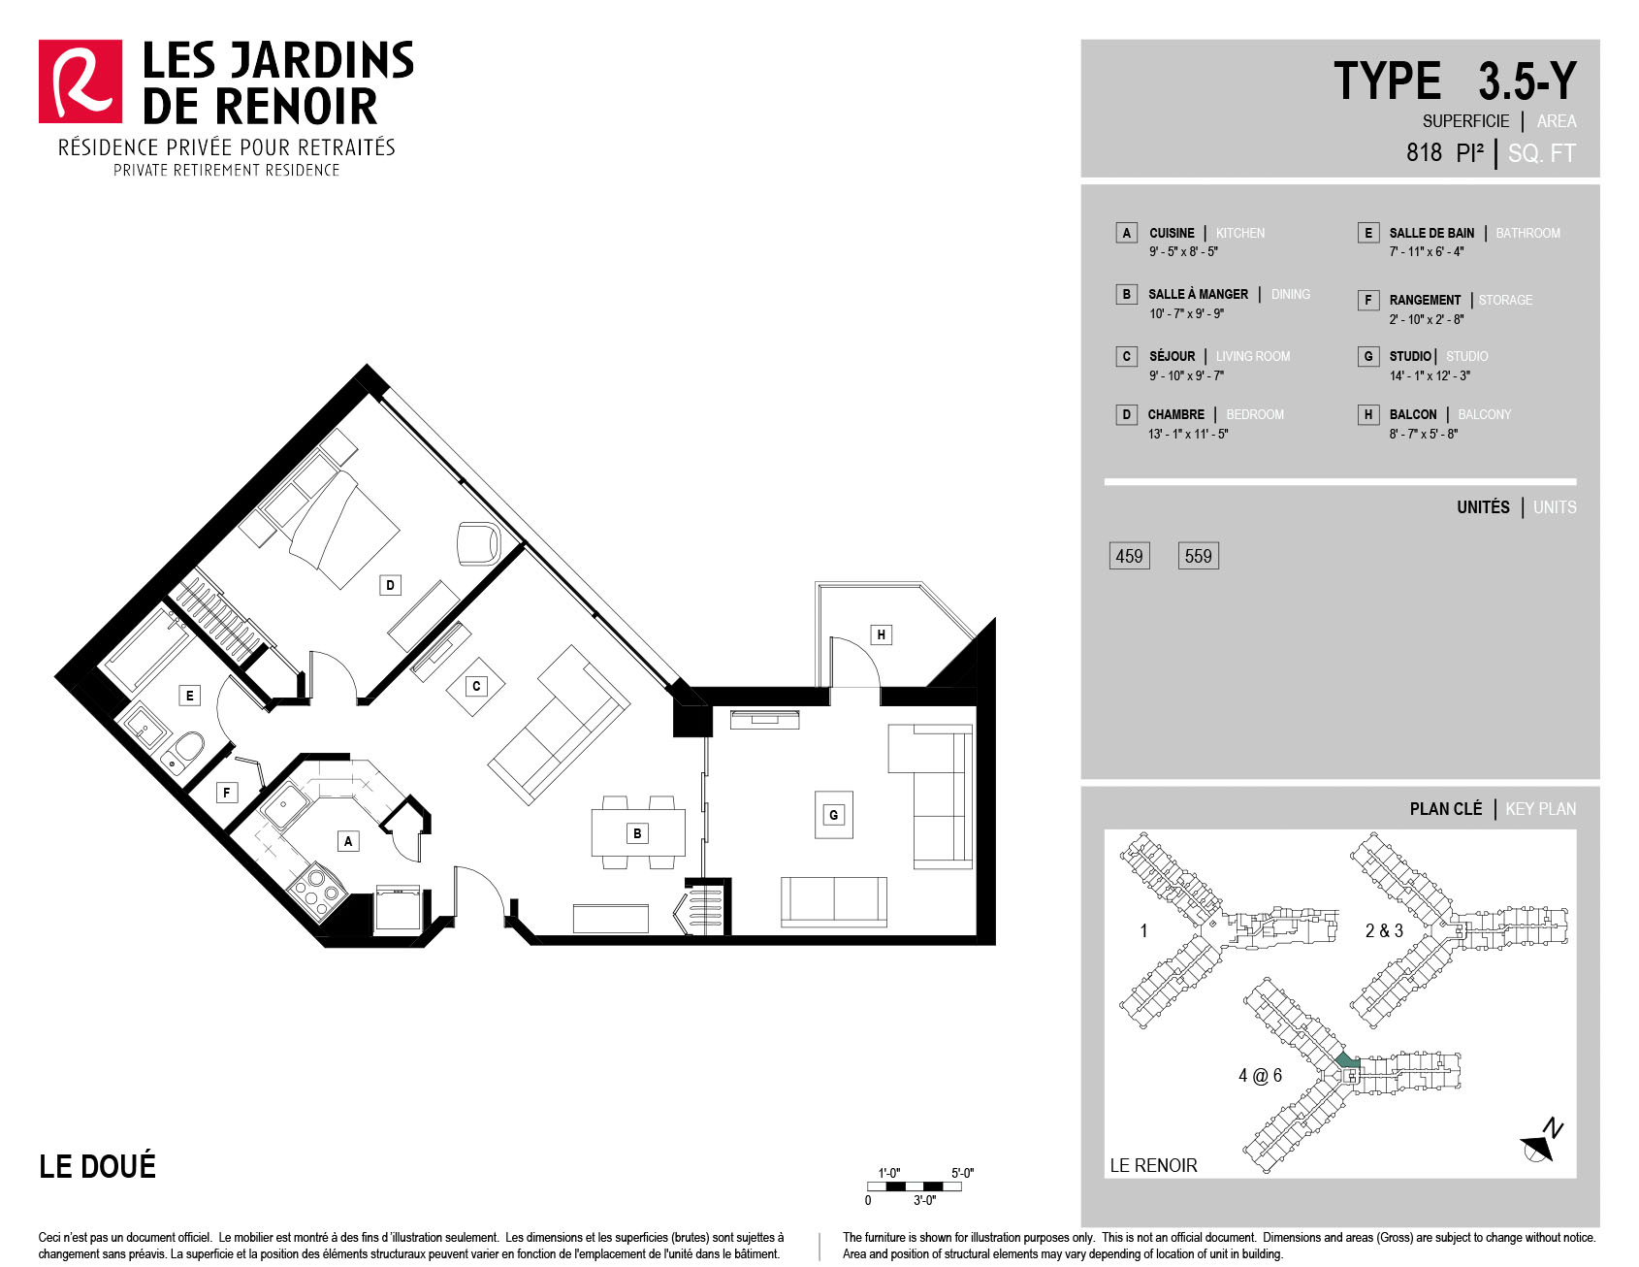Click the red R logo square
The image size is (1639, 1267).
80,81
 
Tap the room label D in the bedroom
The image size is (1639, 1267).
390,585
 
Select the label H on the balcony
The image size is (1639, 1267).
881,634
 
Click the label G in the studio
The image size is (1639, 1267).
833,815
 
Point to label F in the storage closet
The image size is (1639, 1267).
227,793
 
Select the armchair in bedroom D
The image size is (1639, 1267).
479,542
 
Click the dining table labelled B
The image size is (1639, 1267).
638,833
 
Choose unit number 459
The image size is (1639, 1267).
1129,556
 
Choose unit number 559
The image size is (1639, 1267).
1198,556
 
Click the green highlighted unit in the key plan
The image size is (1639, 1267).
1346,1060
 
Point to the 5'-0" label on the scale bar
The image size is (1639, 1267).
962,1173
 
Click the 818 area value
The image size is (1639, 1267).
1425,152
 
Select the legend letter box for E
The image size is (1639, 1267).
1368,233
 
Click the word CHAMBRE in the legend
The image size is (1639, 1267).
1176,414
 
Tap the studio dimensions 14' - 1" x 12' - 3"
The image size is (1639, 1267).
1430,375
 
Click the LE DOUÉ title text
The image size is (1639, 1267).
97,1165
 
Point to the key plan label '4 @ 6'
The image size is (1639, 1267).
1260,1075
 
